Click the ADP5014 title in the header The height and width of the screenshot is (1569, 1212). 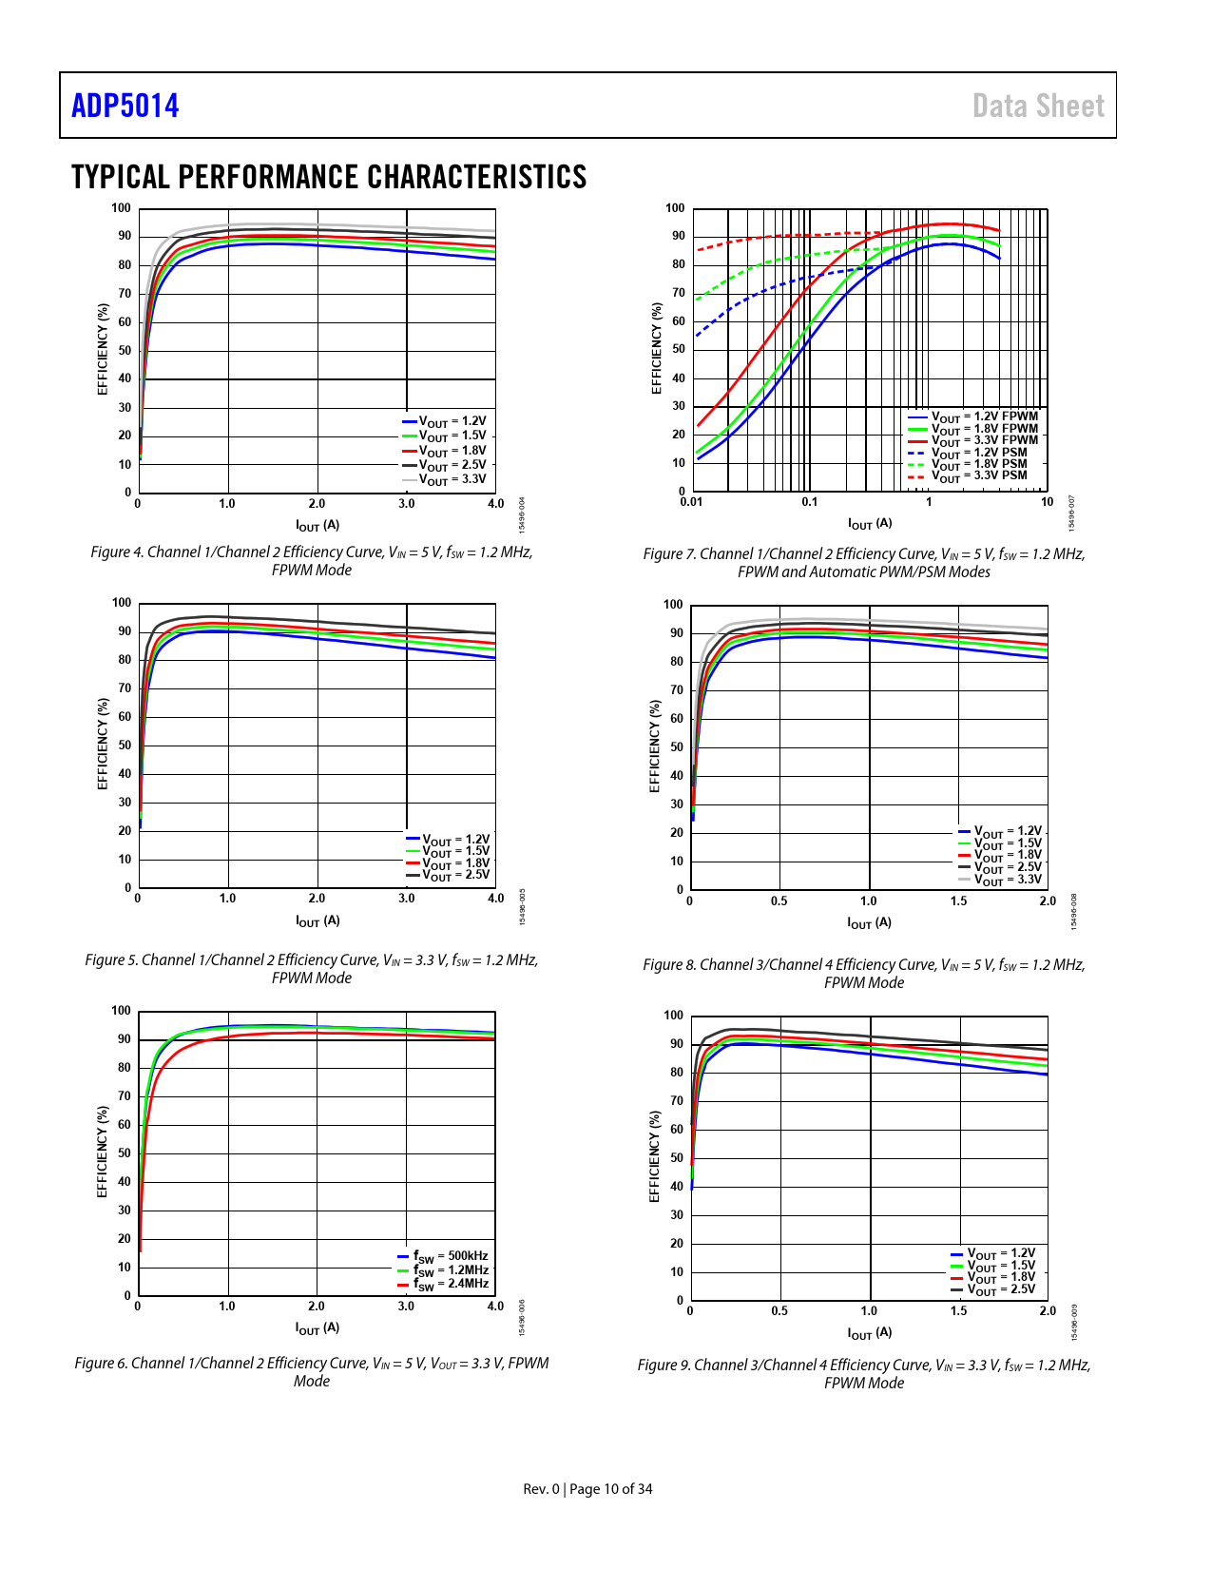tap(125, 106)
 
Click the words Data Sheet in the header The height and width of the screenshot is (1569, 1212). tap(1038, 106)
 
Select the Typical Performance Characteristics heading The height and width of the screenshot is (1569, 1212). tap(329, 177)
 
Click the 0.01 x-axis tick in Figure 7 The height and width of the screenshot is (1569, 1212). tap(692, 502)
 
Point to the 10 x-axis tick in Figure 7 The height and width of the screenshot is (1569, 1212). tap(1047, 502)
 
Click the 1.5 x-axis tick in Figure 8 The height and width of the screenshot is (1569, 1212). tap(958, 901)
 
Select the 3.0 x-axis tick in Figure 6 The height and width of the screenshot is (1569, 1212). tap(406, 1307)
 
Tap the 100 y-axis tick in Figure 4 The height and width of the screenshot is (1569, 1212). tap(122, 208)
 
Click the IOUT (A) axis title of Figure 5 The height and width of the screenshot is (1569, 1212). tap(317, 921)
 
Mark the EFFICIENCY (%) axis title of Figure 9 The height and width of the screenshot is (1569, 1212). tap(654, 1156)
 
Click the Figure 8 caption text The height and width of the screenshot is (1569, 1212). tap(864, 974)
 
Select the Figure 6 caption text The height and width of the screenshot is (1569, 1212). tap(312, 1372)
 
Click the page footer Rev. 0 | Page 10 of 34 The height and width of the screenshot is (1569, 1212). tap(587, 1489)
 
